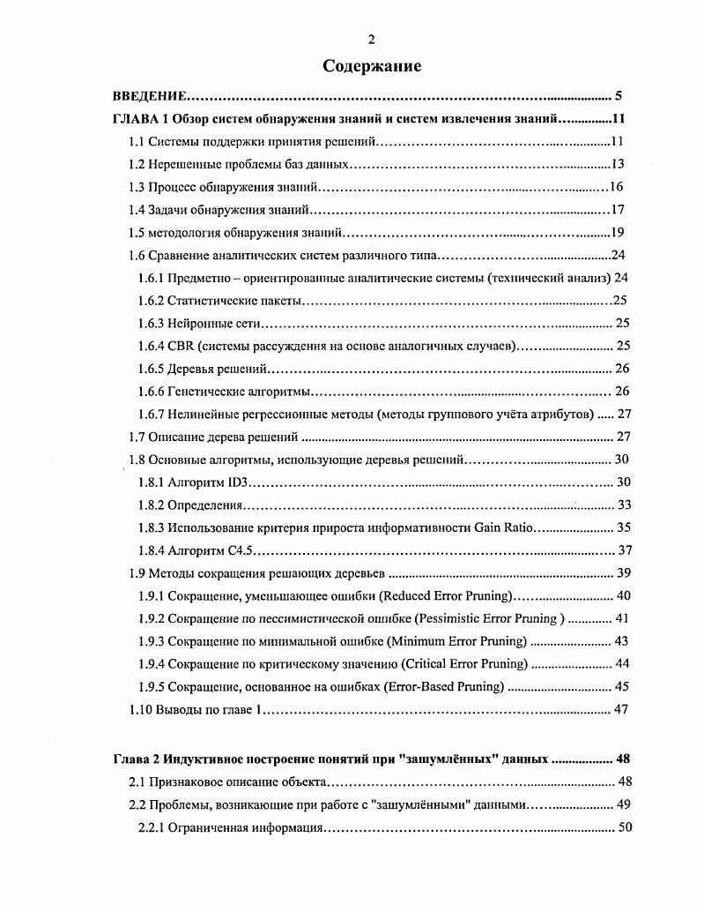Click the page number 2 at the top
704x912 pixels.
(x=371, y=38)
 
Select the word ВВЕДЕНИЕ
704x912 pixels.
(x=149, y=96)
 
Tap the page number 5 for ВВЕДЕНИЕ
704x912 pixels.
(x=619, y=96)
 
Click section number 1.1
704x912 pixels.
(x=137, y=141)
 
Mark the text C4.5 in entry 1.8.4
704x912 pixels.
(x=241, y=550)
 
